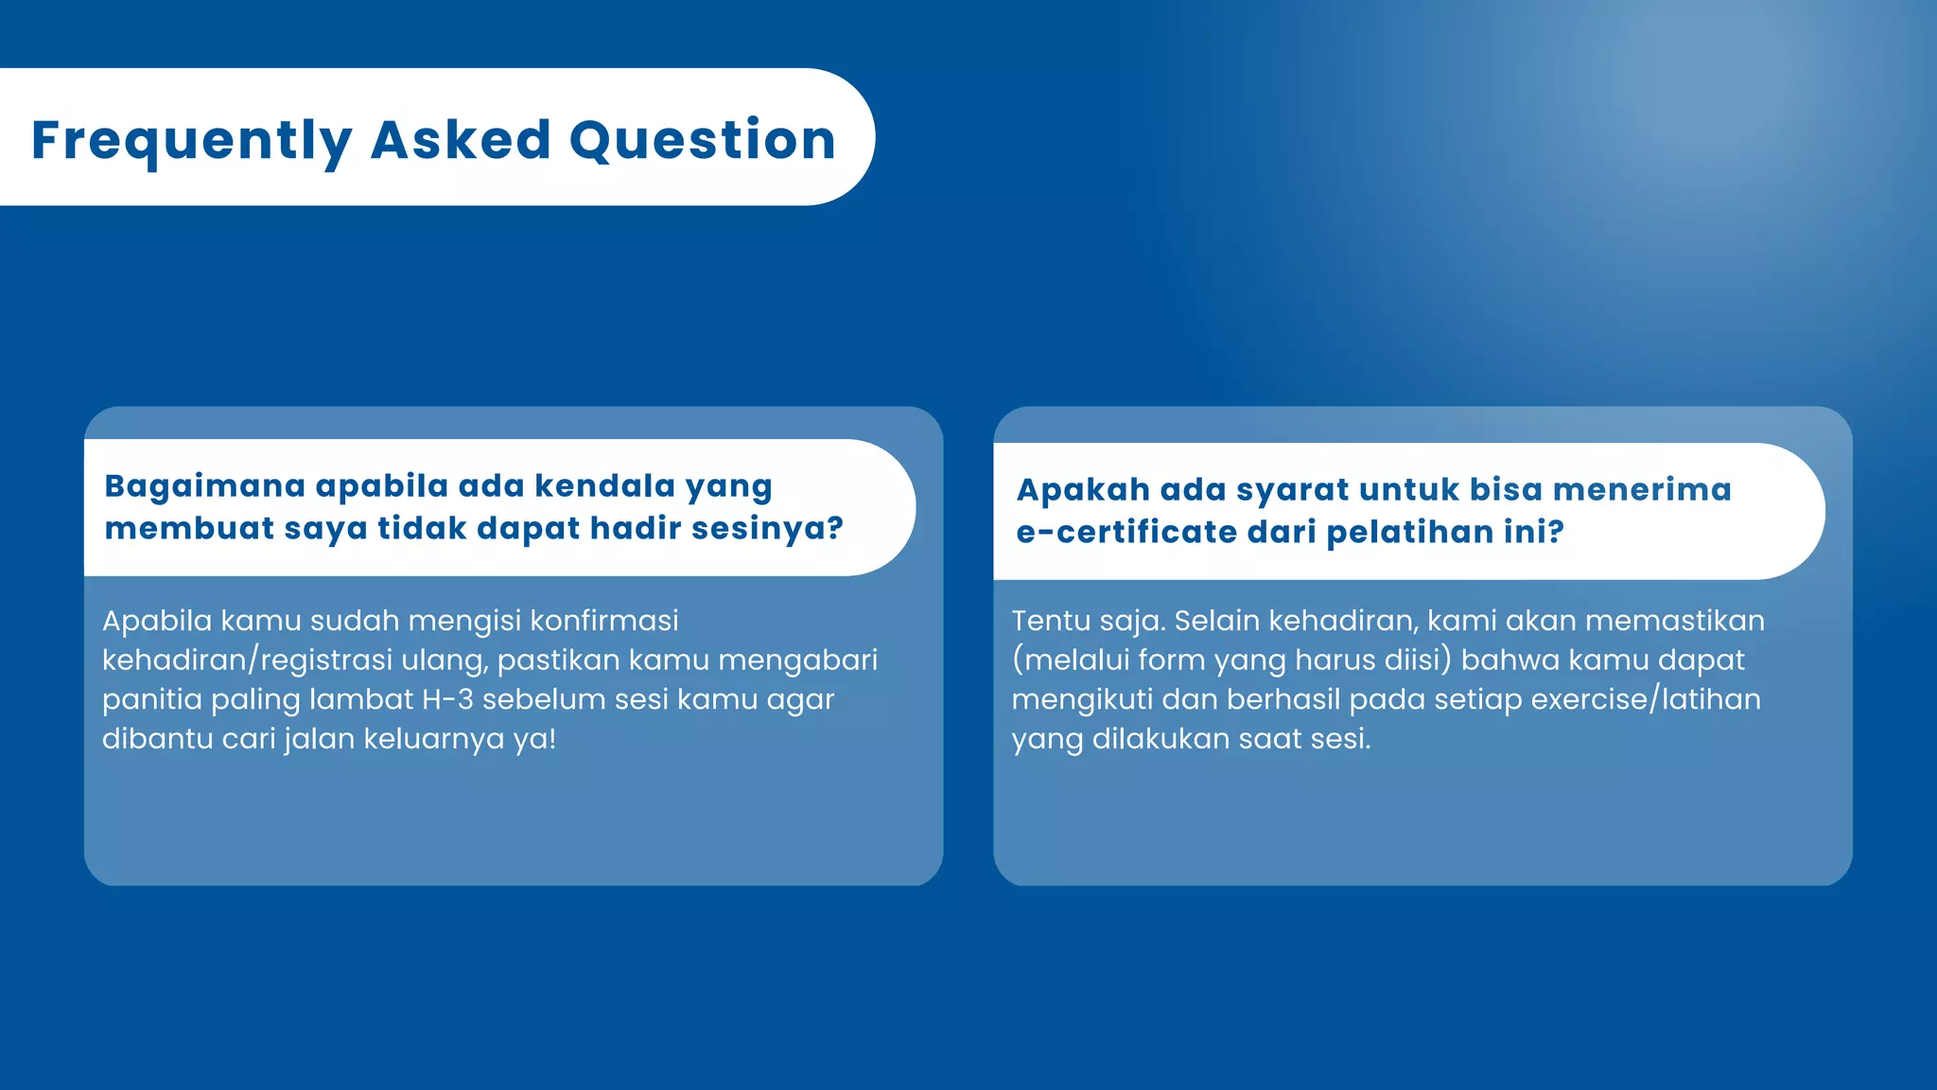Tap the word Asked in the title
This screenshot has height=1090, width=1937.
click(461, 140)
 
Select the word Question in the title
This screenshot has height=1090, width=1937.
click(702, 140)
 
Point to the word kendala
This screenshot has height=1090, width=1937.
click(604, 486)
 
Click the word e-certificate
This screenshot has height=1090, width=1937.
click(1126, 532)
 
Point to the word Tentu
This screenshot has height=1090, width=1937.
click(1050, 622)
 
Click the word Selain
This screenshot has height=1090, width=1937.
click(1216, 622)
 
